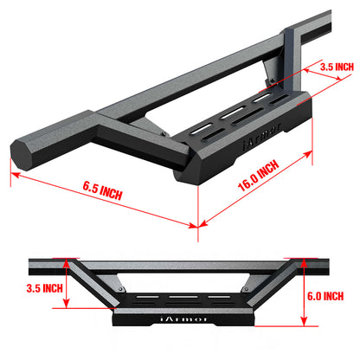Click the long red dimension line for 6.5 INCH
pyautogui.click(x=104, y=199)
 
